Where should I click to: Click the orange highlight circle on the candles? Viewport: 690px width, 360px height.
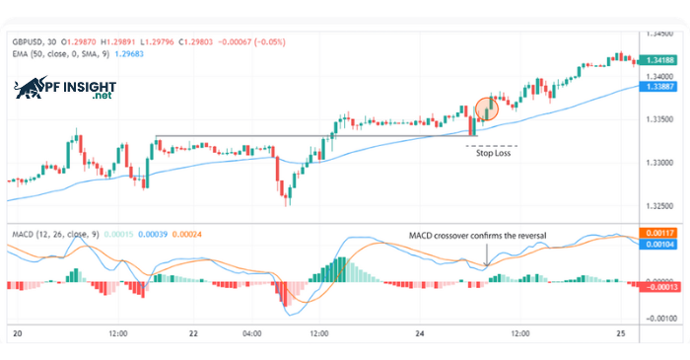pyautogui.click(x=487, y=108)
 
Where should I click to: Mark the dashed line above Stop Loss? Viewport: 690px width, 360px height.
pyautogui.click(x=490, y=145)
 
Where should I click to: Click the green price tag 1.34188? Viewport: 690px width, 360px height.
pyautogui.click(x=657, y=60)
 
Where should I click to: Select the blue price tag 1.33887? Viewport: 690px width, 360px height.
pyautogui.click(x=657, y=87)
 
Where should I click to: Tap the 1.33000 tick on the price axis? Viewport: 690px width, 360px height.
pyautogui.click(x=656, y=163)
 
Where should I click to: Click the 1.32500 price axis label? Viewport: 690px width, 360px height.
pyautogui.click(x=656, y=206)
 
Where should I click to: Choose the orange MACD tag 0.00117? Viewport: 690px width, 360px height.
pyautogui.click(x=657, y=232)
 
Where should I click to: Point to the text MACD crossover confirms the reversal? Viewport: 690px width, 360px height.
pyautogui.click(x=477, y=235)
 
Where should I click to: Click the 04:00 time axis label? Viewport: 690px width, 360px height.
pyautogui.click(x=251, y=335)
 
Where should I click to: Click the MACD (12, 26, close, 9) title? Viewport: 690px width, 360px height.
pyautogui.click(x=54, y=235)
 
